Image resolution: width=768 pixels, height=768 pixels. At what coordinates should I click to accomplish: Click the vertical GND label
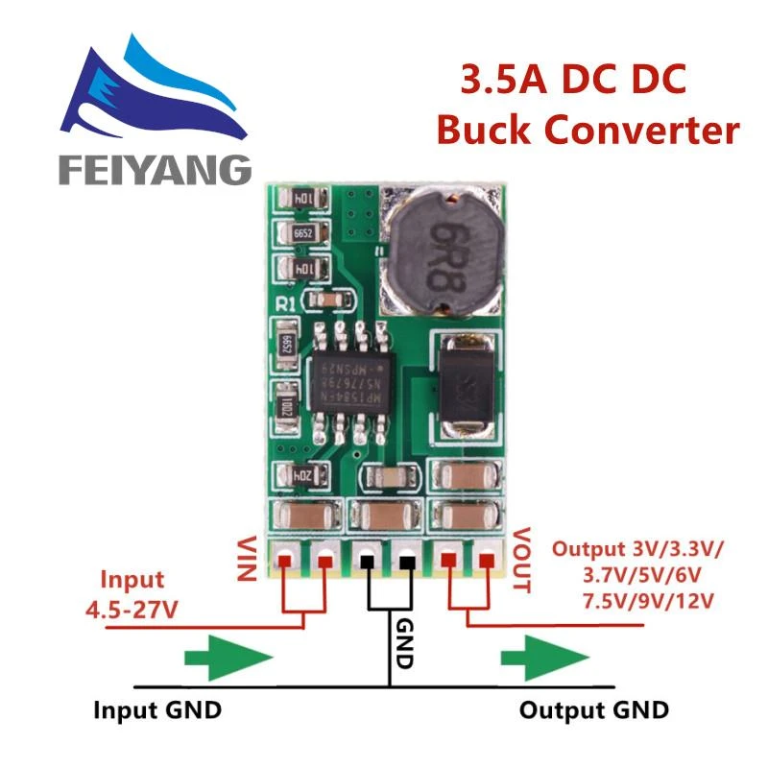(x=403, y=642)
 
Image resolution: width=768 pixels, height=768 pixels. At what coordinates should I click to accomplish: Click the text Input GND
(x=157, y=711)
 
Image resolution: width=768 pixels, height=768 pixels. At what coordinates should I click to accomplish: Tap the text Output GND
(x=593, y=711)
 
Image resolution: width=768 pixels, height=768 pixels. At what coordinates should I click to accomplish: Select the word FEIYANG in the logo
(x=154, y=169)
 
